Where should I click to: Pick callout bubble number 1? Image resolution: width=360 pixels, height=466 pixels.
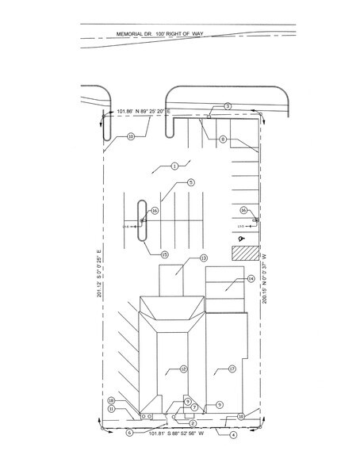(x=173, y=166)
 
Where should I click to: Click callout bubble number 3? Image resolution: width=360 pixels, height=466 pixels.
(x=227, y=105)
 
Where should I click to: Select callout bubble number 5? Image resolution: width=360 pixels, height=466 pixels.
(x=191, y=182)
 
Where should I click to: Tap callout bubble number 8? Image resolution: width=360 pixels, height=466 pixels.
(x=224, y=139)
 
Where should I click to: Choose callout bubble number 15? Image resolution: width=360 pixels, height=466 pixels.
(x=165, y=254)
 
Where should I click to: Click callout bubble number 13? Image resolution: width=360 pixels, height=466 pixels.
(x=203, y=258)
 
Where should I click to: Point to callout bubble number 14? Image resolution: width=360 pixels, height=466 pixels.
(x=250, y=279)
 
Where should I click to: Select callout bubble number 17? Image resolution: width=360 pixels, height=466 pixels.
(x=233, y=369)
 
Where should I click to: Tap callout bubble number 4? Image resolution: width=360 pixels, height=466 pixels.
(x=233, y=434)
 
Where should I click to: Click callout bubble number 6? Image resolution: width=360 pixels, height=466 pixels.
(x=128, y=432)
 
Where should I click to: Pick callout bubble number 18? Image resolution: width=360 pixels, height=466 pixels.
(x=112, y=400)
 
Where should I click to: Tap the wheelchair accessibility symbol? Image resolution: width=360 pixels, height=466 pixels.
(x=242, y=236)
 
